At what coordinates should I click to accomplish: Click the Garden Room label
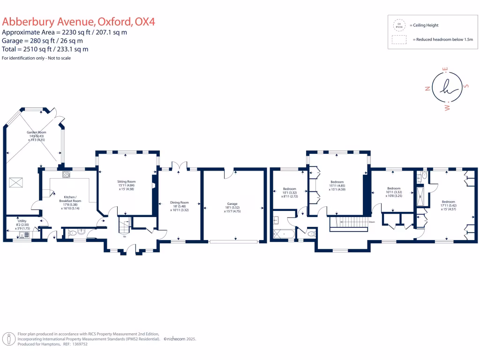(36, 133)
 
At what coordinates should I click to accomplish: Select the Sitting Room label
(126, 181)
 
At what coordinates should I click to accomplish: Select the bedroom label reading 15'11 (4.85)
(337, 182)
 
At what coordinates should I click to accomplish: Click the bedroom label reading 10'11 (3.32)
(394, 189)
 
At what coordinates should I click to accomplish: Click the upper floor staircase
(349, 223)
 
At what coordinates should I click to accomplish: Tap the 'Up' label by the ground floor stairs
(124, 236)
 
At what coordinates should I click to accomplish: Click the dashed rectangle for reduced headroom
(399, 40)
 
